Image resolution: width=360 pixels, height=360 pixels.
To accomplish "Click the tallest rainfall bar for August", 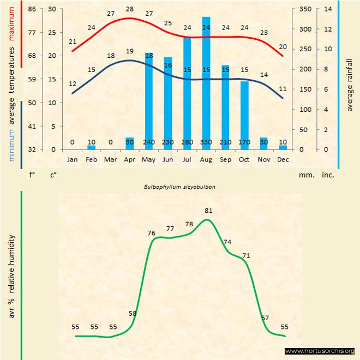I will (x=206, y=82).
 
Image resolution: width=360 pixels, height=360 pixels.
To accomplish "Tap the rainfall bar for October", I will (x=244, y=115).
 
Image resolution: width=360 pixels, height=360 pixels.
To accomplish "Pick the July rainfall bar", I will (x=187, y=93).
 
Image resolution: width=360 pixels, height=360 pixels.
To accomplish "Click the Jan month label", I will (x=72, y=159).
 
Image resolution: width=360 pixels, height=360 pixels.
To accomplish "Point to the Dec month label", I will (x=283, y=159).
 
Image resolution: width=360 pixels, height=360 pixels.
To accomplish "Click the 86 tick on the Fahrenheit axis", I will (x=32, y=9).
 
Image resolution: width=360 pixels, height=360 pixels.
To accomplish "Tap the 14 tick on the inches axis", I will (x=327, y=9).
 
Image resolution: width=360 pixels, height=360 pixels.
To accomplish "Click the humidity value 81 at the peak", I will (x=208, y=210).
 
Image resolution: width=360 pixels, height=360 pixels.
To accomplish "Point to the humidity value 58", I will (x=133, y=313).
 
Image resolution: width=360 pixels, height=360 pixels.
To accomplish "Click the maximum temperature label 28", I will (x=129, y=9).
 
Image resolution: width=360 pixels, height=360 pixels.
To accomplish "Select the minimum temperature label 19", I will (x=129, y=51).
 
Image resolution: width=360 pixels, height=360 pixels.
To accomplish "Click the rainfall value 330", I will (x=206, y=142).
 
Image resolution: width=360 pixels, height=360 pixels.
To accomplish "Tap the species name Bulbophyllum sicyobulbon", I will (x=179, y=186).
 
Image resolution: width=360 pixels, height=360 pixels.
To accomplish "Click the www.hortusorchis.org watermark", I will (x=320, y=351).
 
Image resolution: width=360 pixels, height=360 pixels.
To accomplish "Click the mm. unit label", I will (x=305, y=175).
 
